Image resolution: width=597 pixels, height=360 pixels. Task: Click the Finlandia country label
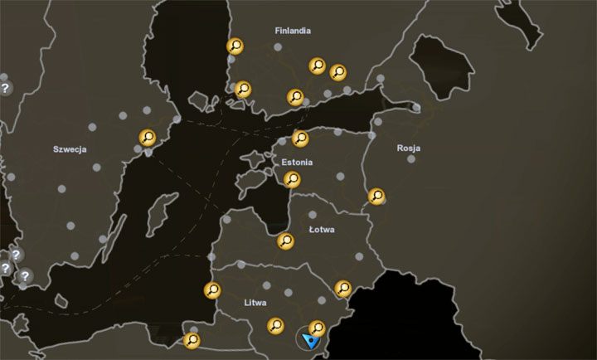click(x=293, y=31)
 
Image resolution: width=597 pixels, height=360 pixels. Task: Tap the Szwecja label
click(x=70, y=149)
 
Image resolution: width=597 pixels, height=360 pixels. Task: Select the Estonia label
click(x=296, y=163)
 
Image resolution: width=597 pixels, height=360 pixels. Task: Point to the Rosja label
click(x=409, y=148)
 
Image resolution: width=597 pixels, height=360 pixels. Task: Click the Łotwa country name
click(x=321, y=229)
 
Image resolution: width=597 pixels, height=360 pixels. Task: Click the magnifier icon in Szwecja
click(x=148, y=138)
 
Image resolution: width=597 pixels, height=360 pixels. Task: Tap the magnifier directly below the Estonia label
click(x=292, y=178)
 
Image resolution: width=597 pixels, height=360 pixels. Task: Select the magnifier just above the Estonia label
click(x=301, y=138)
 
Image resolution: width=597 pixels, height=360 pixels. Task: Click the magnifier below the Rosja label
click(x=376, y=197)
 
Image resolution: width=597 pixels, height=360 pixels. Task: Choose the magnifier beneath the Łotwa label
click(x=285, y=241)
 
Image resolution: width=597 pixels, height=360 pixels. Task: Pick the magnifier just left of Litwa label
click(x=212, y=290)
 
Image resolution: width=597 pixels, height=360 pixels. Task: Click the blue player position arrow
click(x=311, y=340)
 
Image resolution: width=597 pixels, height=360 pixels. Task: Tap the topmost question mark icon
click(x=5, y=87)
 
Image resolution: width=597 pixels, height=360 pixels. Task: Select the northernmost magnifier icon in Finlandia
click(x=235, y=46)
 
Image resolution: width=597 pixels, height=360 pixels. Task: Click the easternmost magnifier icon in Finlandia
click(x=338, y=72)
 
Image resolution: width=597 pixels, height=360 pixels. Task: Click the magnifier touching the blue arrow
click(x=317, y=328)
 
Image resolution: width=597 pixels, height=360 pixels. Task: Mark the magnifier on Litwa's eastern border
click(x=342, y=288)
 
